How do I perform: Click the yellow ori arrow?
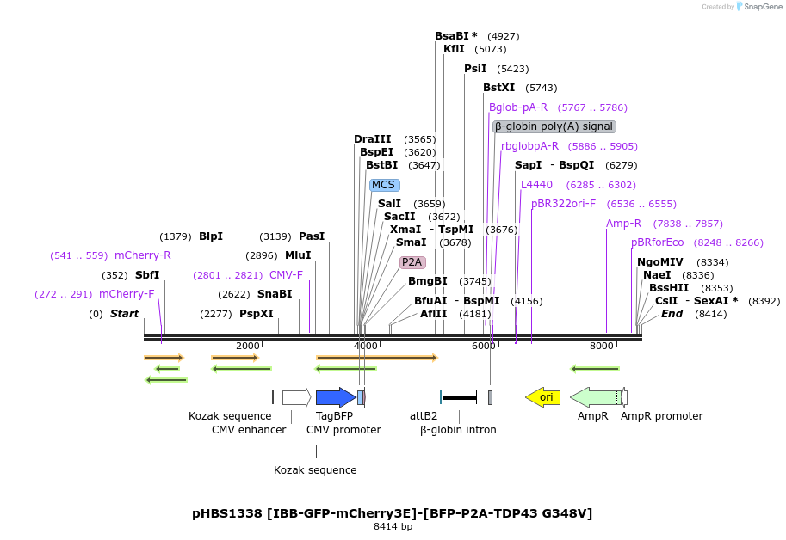(543, 396)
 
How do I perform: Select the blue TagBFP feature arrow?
(335, 396)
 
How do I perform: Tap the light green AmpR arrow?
(595, 396)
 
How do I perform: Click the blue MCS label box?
(383, 185)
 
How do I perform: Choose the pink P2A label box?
(412, 262)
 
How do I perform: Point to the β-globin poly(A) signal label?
(554, 126)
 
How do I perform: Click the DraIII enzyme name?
(372, 139)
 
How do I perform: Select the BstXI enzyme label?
(498, 88)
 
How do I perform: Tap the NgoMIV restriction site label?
(659, 262)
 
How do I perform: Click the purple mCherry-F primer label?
(127, 294)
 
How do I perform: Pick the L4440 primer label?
(536, 185)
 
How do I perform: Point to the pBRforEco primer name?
(657, 242)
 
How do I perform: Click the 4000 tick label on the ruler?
(366, 346)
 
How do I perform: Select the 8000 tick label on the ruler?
(601, 346)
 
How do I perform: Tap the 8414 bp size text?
(393, 526)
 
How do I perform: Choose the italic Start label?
(124, 314)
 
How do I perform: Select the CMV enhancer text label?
(249, 429)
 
